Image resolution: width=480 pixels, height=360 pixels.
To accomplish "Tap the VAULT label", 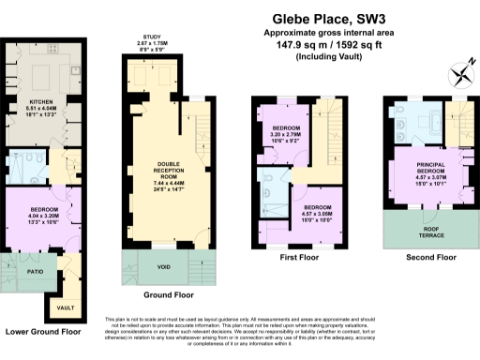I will click(x=64, y=307).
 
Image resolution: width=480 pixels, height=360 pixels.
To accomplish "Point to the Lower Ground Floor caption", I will click(x=46, y=332).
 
